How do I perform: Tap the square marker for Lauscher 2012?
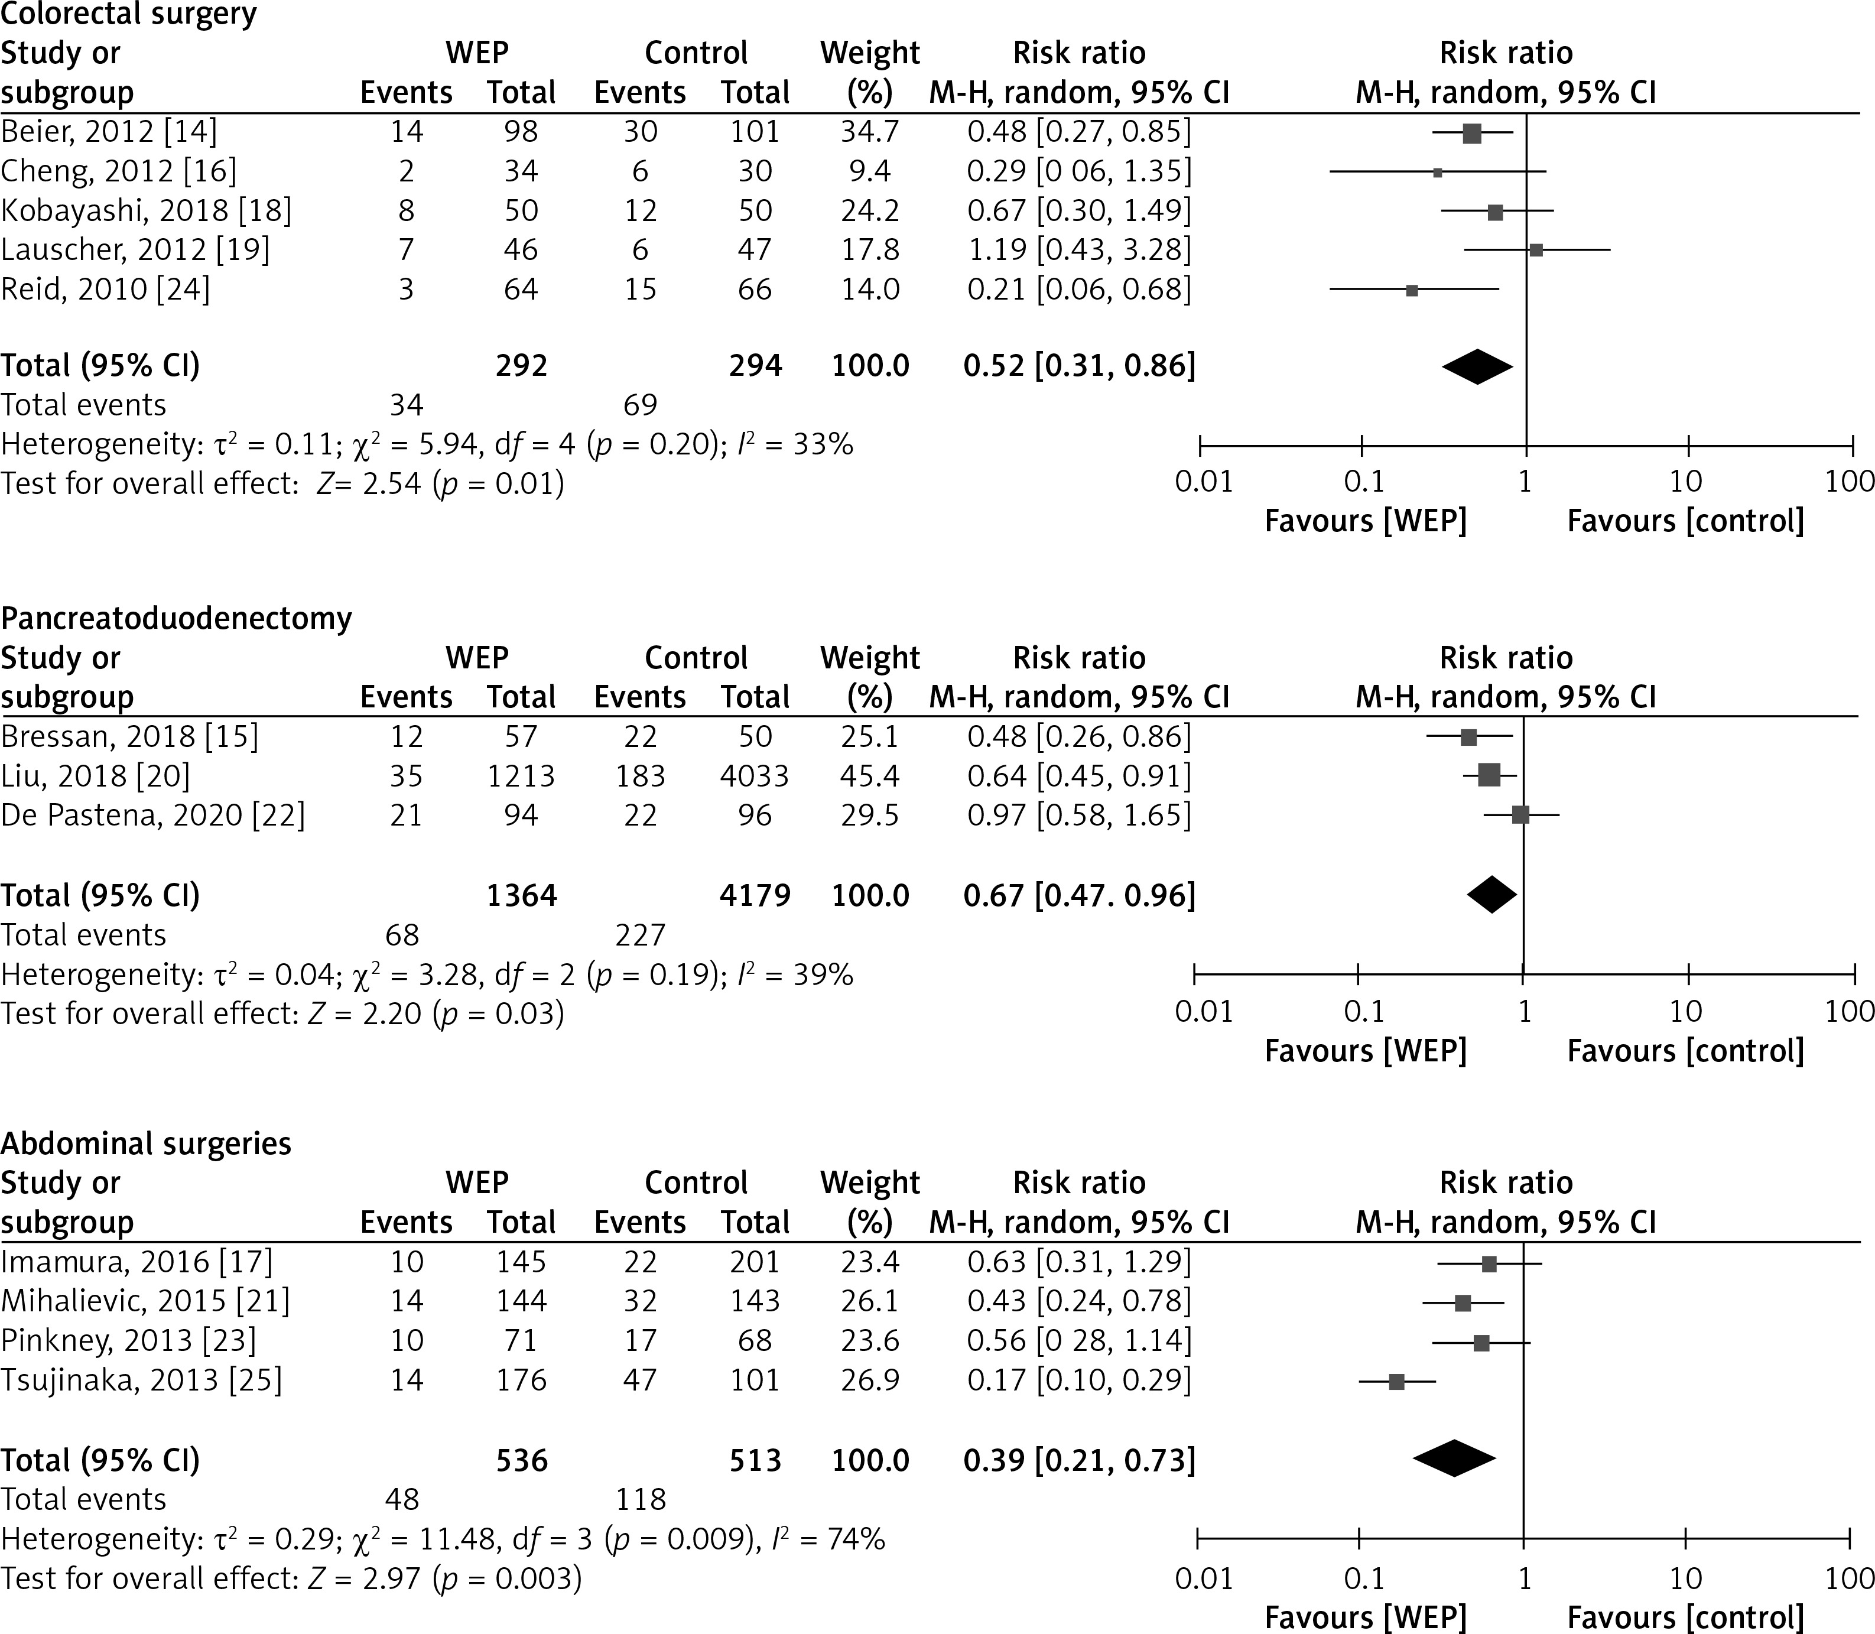click(1536, 250)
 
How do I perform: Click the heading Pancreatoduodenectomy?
click(176, 618)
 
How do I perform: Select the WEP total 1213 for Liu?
click(521, 776)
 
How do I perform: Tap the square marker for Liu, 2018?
click(1489, 776)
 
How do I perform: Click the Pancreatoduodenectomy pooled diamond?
click(1492, 895)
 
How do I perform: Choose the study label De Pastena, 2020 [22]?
click(152, 815)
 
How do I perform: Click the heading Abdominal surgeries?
click(146, 1144)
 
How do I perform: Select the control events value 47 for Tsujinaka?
click(640, 1380)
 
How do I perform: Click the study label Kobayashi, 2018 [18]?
click(146, 210)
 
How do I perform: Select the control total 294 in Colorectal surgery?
click(755, 366)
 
